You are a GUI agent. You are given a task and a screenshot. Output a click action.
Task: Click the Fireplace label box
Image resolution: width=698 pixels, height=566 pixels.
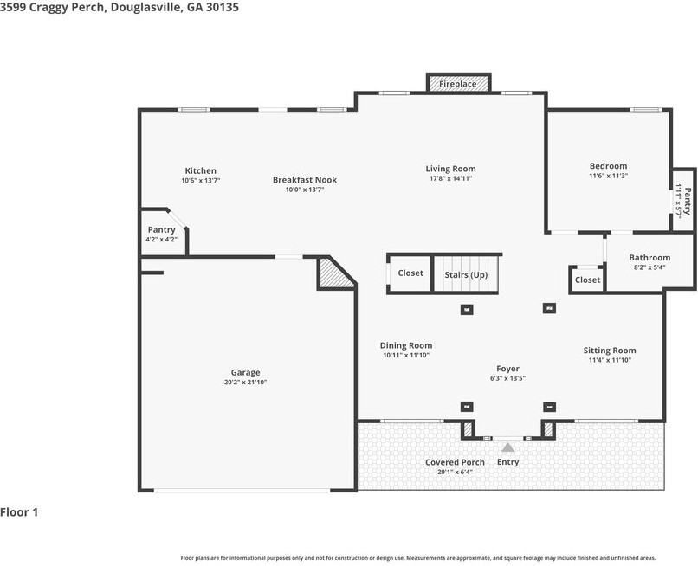pyautogui.click(x=458, y=84)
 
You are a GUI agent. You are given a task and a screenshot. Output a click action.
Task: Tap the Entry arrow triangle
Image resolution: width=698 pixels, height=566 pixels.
pyautogui.click(x=508, y=447)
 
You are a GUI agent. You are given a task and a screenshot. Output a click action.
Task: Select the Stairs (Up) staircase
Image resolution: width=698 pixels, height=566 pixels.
pyautogui.click(x=466, y=274)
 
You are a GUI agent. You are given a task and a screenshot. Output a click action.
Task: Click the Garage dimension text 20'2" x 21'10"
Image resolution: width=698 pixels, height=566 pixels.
pyautogui.click(x=245, y=382)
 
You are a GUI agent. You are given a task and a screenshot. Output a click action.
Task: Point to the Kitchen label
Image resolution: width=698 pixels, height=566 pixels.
pyautogui.click(x=201, y=170)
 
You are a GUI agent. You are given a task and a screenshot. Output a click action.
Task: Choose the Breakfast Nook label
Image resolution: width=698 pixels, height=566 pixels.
pyautogui.click(x=305, y=180)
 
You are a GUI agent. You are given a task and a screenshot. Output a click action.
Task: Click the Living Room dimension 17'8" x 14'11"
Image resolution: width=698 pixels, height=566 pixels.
pyautogui.click(x=450, y=178)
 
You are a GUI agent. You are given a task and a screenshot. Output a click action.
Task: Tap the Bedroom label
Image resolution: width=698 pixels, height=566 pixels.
pyautogui.click(x=609, y=166)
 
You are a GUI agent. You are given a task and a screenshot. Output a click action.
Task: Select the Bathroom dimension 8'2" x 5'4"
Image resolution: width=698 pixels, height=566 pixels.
pyautogui.click(x=650, y=267)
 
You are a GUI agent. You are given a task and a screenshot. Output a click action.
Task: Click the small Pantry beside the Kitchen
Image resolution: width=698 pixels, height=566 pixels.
pyautogui.click(x=162, y=232)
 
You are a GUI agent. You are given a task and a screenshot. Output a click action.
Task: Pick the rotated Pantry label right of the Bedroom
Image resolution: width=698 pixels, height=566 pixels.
pyautogui.click(x=688, y=201)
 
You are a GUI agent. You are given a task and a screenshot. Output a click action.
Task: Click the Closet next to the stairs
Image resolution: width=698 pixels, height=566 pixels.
pyautogui.click(x=410, y=273)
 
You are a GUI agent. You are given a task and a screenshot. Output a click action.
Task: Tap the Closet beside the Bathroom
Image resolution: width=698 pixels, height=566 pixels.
pyautogui.click(x=587, y=280)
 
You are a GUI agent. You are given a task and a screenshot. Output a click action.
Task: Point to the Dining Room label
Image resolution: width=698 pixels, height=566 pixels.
pyautogui.click(x=406, y=345)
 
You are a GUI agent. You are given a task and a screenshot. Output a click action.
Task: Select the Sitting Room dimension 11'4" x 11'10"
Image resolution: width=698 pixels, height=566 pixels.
pyautogui.click(x=610, y=360)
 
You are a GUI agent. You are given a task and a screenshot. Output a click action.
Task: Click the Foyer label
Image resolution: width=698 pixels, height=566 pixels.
pyautogui.click(x=508, y=369)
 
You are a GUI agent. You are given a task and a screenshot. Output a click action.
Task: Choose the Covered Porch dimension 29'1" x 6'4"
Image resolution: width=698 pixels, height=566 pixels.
pyautogui.click(x=455, y=472)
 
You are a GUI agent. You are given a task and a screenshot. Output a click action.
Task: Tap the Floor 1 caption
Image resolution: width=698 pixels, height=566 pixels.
pyautogui.click(x=19, y=512)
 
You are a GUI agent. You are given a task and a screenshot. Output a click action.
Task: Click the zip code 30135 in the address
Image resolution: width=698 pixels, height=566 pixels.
pyautogui.click(x=223, y=7)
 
